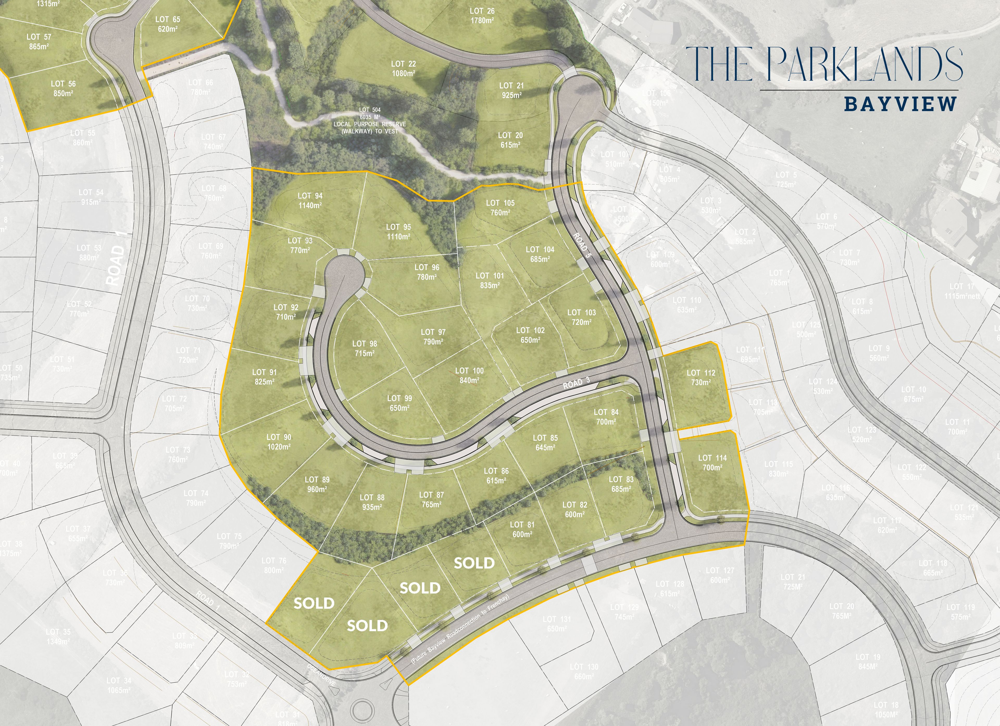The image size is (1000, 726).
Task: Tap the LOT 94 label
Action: click(310, 196)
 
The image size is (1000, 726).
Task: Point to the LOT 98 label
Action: click(365, 343)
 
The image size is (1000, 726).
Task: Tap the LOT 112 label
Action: click(701, 373)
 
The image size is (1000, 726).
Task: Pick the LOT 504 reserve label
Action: click(370, 110)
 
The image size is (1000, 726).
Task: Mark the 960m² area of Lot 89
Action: click(317, 489)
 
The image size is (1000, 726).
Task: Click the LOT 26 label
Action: click(482, 11)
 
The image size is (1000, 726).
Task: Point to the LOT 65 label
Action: click(167, 19)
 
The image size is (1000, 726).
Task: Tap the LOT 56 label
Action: click(63, 84)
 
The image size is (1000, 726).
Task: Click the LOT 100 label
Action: click(469, 371)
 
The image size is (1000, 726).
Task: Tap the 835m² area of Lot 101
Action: click(490, 285)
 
